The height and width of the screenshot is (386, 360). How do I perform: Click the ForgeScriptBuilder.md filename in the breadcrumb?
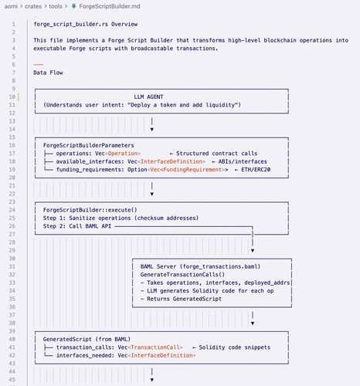110,6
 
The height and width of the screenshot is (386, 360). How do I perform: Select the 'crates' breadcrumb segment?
33,6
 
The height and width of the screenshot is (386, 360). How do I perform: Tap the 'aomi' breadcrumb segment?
11,6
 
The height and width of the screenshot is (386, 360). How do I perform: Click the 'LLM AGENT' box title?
148,96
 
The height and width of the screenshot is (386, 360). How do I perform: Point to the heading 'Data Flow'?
48,73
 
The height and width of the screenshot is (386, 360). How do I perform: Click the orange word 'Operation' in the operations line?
123,154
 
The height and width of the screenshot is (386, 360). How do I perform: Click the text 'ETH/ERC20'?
256,170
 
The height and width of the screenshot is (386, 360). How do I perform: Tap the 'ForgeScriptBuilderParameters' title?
89,145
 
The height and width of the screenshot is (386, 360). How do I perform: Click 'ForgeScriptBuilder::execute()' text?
90,210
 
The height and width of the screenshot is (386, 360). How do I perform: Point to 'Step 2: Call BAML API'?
77,226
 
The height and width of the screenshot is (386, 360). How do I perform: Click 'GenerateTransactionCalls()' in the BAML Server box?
182,275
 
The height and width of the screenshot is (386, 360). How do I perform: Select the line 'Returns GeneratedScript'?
184,299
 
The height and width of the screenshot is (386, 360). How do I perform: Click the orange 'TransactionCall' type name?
155,347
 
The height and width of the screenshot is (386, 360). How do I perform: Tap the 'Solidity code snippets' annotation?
235,347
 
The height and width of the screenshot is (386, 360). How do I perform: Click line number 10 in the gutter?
12,96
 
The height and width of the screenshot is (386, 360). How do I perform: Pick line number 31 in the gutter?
12,266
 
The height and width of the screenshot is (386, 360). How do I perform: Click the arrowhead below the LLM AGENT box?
152,130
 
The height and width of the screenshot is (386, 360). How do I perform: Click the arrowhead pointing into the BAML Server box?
253,251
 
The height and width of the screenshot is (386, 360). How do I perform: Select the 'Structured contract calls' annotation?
217,154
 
